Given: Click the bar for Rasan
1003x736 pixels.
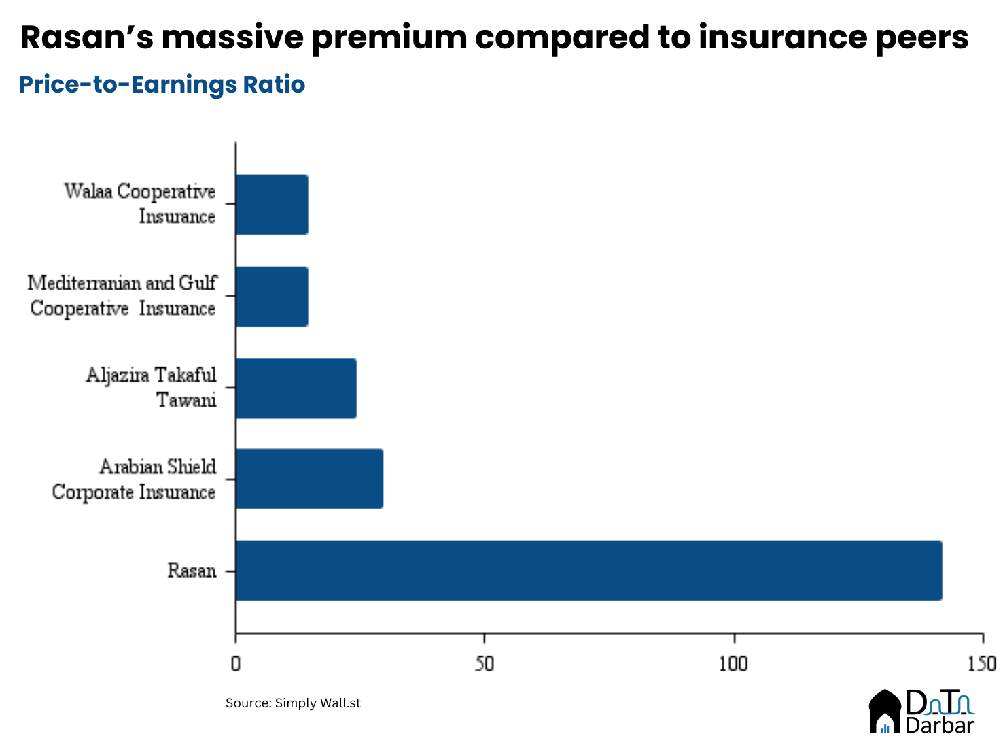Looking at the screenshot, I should (x=588, y=571).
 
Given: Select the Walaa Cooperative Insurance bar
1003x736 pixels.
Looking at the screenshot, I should (x=272, y=205).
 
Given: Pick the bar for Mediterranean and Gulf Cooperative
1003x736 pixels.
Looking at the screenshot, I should (x=272, y=297).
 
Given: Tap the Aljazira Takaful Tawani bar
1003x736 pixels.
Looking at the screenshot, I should (x=296, y=388).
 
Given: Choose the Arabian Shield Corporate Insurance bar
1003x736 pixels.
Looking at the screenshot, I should (x=309, y=479).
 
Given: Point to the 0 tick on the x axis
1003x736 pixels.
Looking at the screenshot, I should (x=236, y=663).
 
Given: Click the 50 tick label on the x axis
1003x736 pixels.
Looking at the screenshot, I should (x=484, y=663).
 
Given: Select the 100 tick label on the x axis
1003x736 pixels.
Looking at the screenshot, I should (x=734, y=663).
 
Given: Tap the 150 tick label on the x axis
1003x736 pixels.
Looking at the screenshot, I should (x=982, y=663).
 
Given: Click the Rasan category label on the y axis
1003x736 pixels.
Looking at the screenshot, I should (x=192, y=571).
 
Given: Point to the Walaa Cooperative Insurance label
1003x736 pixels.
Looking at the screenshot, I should (x=140, y=204).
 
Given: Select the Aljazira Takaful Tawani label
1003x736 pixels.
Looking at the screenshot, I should (x=152, y=388).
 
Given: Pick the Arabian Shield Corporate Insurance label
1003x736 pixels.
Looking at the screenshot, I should (x=135, y=480).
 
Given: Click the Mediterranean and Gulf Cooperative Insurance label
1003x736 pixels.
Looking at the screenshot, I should (x=122, y=296).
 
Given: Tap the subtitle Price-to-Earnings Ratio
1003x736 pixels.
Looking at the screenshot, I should (x=162, y=84).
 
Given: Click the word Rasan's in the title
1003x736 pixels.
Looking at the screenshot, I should (x=87, y=37).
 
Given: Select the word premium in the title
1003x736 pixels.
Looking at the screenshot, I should (x=389, y=37).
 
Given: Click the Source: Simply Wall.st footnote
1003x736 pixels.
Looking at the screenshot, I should (x=293, y=703).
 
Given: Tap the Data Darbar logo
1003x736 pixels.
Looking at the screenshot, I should (x=922, y=712).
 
